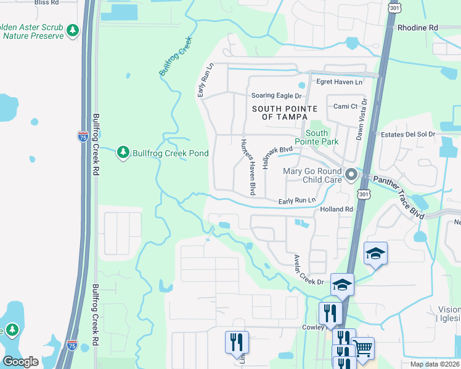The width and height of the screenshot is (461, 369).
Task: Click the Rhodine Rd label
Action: pos(417,28)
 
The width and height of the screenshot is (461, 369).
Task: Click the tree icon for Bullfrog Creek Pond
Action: pos(123,151)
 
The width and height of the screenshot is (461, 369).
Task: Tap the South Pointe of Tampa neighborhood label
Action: pos(284,113)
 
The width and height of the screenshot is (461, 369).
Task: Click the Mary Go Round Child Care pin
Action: pos(351,175)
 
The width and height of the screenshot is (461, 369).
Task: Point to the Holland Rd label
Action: pos(336,210)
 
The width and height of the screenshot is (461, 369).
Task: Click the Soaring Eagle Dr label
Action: pos(277,96)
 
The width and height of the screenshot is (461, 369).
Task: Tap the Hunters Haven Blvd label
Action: pos(247,166)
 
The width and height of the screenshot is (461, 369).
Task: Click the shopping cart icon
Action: pos(363,348)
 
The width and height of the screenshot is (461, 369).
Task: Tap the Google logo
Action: pos(20,362)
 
